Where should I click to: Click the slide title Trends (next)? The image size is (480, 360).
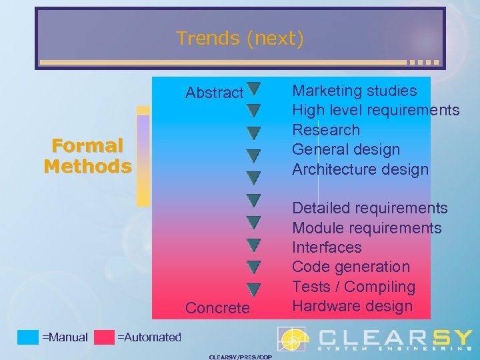click(x=240, y=39)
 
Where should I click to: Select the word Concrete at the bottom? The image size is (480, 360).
click(x=217, y=308)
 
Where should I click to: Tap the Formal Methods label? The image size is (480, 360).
click(x=87, y=155)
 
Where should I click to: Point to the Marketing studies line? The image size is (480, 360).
click(x=355, y=91)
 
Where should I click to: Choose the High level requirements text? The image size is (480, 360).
click(x=376, y=110)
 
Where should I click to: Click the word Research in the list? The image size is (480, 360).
click(x=326, y=130)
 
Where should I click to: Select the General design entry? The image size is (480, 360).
click(x=346, y=149)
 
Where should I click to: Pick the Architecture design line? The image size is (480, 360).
click(x=360, y=169)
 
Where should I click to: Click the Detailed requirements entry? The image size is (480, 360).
click(x=370, y=209)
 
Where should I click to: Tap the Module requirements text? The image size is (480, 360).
click(x=367, y=228)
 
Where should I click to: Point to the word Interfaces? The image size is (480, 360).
click(x=327, y=247)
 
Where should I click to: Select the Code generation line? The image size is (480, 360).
click(x=351, y=267)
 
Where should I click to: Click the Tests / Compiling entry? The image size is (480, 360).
click(x=353, y=287)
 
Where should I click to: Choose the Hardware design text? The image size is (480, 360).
click(x=353, y=306)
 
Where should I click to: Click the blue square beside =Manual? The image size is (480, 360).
click(x=28, y=337)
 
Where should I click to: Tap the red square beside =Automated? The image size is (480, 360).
click(x=104, y=337)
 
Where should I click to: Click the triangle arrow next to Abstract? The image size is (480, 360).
click(x=253, y=88)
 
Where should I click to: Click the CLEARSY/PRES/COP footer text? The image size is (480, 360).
click(x=240, y=357)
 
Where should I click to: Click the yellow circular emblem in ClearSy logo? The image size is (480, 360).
click(x=292, y=339)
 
